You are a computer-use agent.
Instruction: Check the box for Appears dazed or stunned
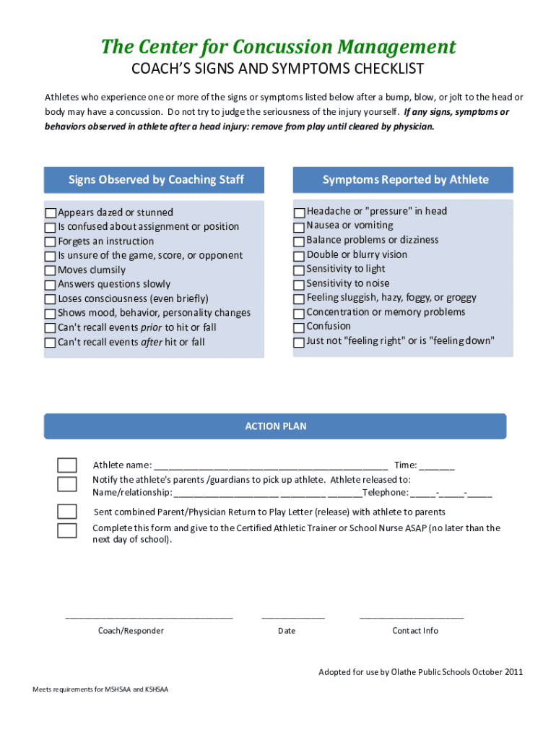tap(51, 213)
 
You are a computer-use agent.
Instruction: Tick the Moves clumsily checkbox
tap(51, 271)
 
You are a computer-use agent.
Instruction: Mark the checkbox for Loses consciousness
tap(51, 299)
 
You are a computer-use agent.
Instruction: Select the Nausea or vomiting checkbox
tap(299, 227)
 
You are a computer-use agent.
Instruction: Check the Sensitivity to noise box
tap(299, 285)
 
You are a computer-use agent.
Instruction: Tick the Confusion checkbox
tap(299, 327)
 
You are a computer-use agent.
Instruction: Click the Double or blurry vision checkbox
tap(299, 256)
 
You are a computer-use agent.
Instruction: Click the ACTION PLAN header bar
tap(275, 426)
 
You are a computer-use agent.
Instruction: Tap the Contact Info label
tap(415, 631)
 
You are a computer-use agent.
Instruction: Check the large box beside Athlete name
tap(67, 465)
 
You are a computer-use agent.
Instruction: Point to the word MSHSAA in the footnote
tap(118, 689)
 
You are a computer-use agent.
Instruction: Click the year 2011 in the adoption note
tap(514, 672)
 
